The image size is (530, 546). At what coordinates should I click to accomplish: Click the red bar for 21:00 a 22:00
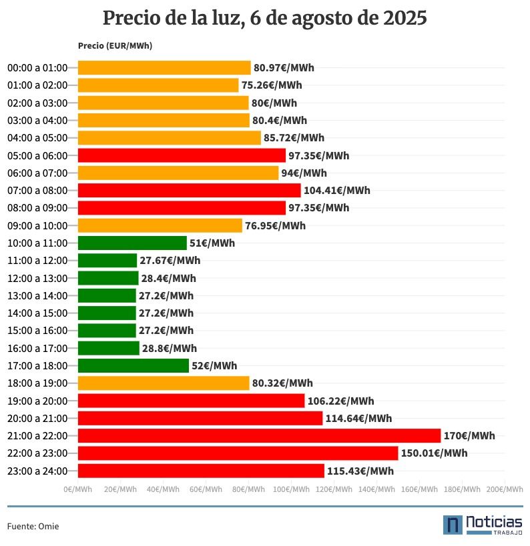[259, 436]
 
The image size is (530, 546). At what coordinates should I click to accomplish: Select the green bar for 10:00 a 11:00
[132, 243]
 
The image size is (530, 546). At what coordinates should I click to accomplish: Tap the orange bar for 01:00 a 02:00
[158, 85]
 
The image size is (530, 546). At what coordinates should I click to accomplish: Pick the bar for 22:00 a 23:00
[238, 453]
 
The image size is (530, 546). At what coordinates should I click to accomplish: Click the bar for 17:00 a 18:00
[134, 365]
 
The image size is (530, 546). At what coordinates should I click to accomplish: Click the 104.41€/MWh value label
[336, 191]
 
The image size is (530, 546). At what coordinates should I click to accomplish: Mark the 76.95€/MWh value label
[275, 225]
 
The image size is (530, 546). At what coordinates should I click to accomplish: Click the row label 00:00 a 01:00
[37, 68]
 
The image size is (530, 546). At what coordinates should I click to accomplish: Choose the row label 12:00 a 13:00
[37, 278]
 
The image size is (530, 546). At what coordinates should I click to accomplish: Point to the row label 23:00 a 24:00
[37, 471]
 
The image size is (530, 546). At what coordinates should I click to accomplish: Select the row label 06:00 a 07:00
[37, 173]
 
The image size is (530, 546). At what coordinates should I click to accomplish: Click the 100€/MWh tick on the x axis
[291, 489]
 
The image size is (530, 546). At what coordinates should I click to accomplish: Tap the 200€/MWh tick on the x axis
[505, 489]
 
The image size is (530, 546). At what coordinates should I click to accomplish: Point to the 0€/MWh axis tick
[78, 489]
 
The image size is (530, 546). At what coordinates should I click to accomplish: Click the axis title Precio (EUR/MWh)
[114, 45]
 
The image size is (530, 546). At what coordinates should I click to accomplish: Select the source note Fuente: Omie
[33, 526]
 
